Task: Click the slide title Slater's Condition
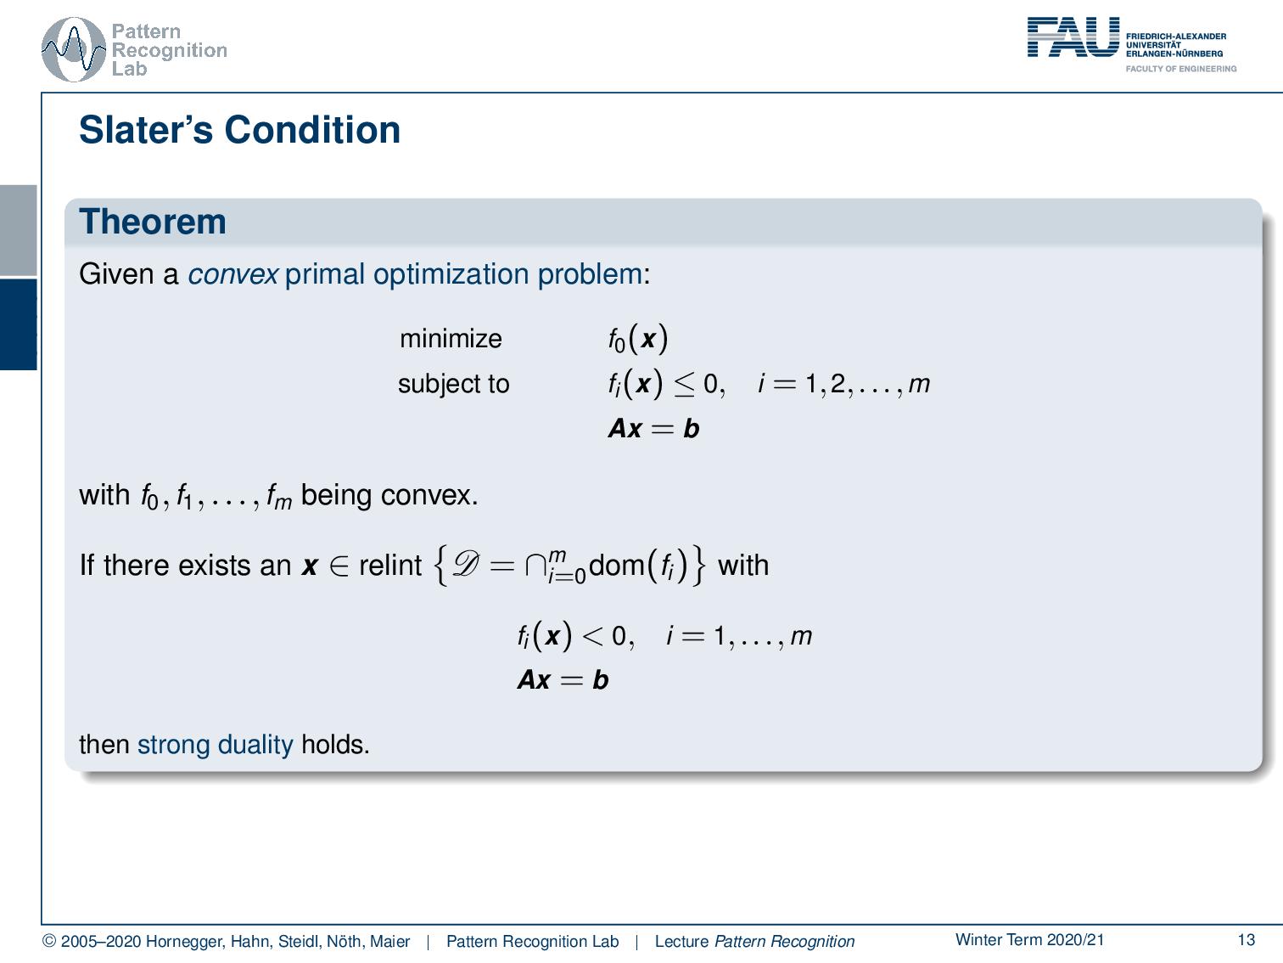pos(239,130)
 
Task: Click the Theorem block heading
pos(153,222)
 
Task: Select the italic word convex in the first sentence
pos(233,274)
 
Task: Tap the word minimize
pos(451,339)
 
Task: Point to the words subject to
pos(453,384)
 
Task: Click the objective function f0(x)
pos(637,340)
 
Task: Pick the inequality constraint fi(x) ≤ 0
pos(666,385)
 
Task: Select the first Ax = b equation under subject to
pos(653,429)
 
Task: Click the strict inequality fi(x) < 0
pos(575,636)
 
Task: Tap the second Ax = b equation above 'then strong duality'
pos(563,680)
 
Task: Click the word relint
pos(389,566)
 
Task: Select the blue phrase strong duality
pos(215,745)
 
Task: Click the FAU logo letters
pos(1073,38)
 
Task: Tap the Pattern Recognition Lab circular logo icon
pos(74,49)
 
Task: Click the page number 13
pos(1246,939)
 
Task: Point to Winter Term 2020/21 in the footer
pos(1029,939)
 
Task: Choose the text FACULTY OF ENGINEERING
pos(1180,69)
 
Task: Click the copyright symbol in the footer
pos(49,942)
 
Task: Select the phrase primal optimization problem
pos(463,274)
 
